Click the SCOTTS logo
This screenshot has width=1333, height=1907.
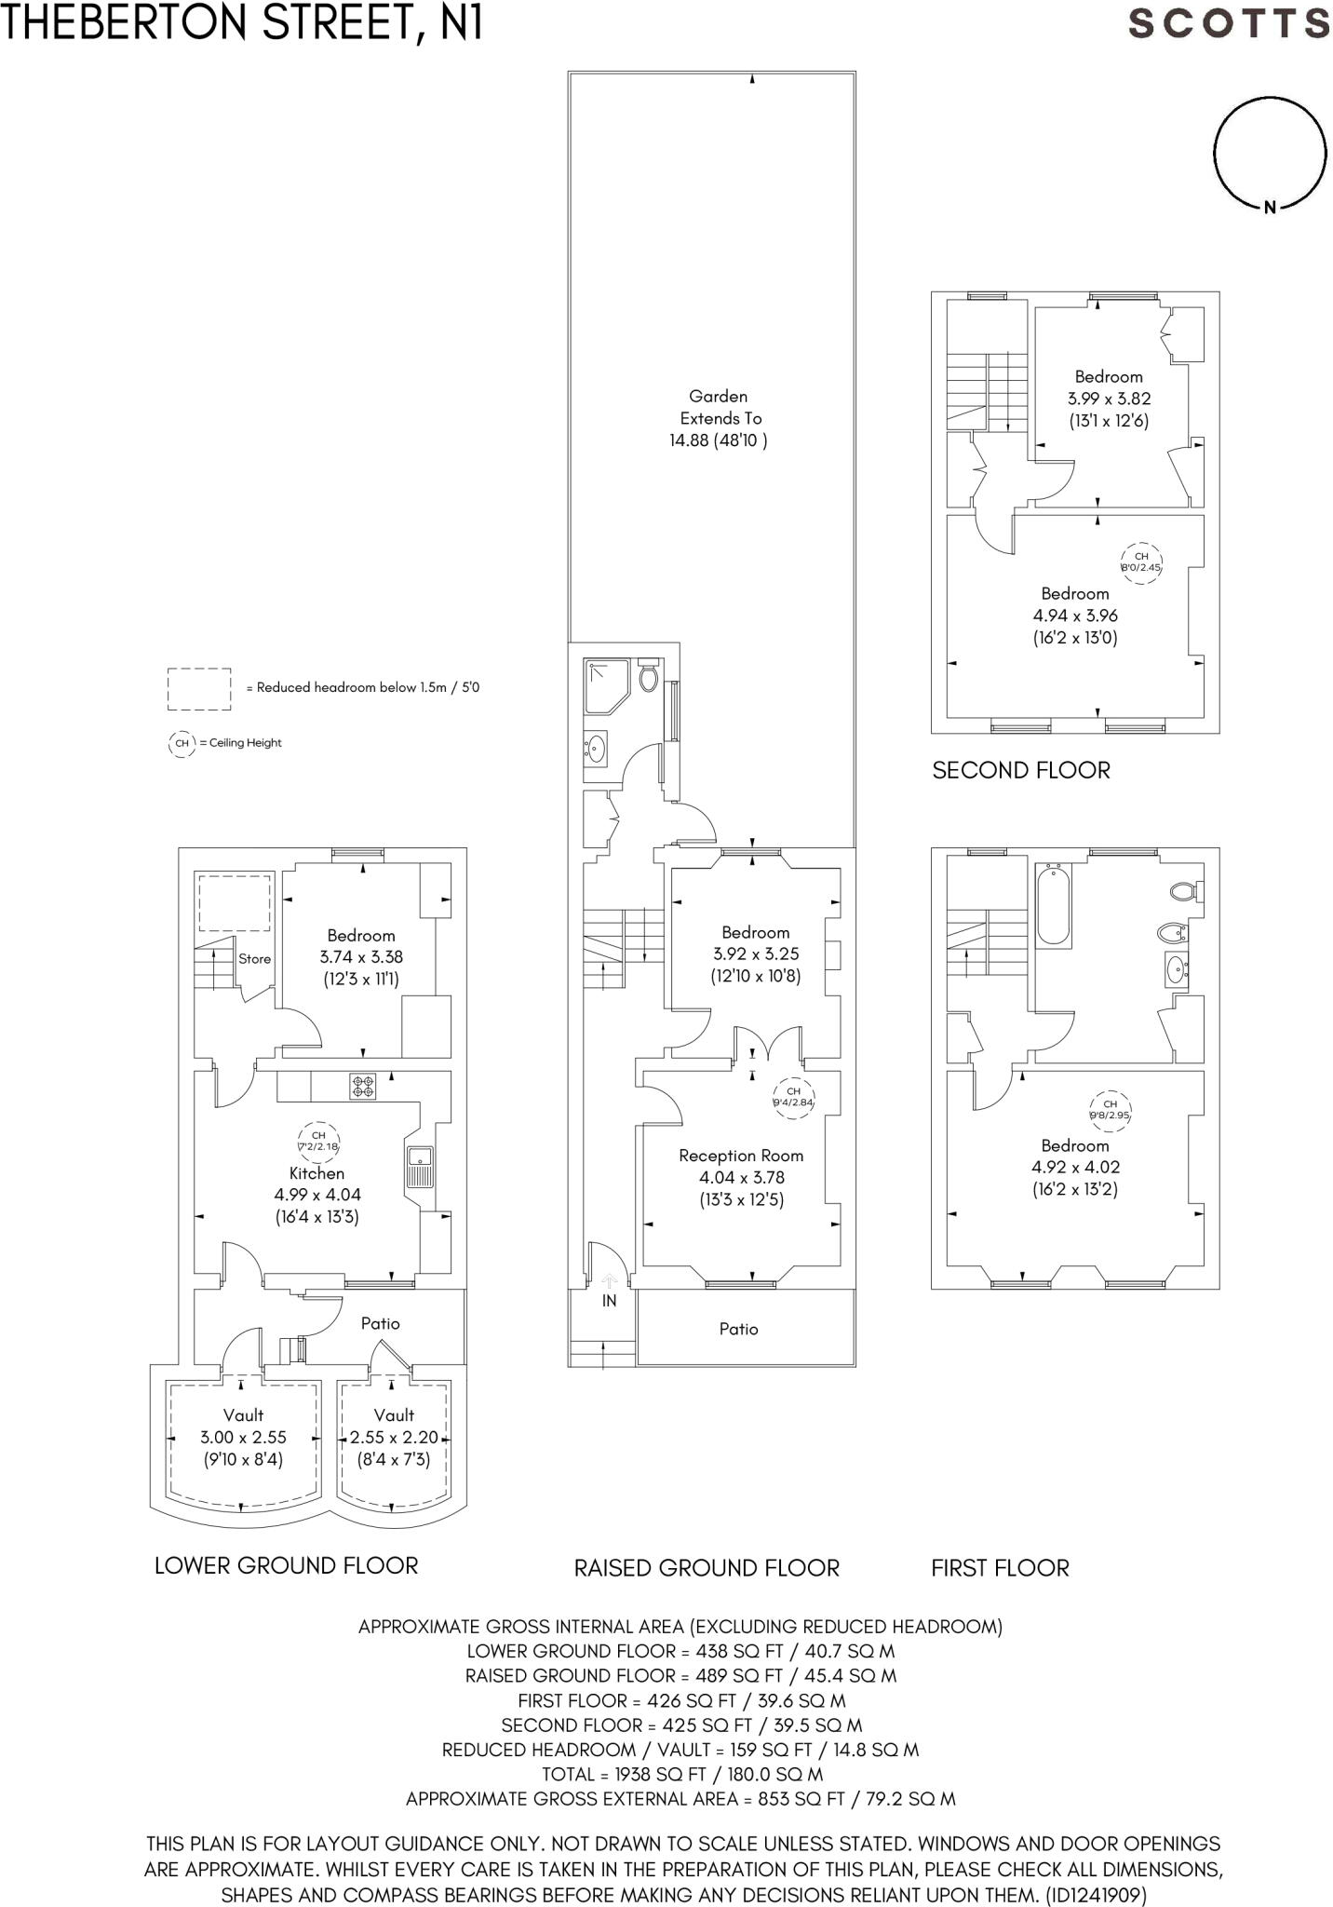pos(1228,22)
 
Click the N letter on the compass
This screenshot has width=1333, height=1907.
pos(1270,208)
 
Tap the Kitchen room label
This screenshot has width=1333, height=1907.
pos(316,1173)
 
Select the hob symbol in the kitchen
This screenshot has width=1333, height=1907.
pos(363,1086)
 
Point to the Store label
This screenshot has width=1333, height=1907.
pos(254,958)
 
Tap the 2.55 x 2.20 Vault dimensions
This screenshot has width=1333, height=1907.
pos(394,1437)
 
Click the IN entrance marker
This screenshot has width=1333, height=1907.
pos(609,1301)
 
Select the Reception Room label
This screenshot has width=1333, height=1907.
pos(741,1156)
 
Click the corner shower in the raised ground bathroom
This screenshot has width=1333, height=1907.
pos(606,685)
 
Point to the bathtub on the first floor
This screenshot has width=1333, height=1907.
pos(1054,903)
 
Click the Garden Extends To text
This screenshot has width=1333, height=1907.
pos(720,407)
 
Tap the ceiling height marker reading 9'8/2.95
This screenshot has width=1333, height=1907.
pos(1110,1109)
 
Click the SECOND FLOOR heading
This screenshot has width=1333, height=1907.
pos(1021,770)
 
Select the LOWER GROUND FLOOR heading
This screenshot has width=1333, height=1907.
pos(286,1565)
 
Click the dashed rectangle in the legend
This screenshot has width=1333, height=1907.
pos(199,689)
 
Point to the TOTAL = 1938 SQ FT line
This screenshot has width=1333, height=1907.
pos(681,1774)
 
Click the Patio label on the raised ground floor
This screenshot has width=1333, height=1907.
pos(738,1329)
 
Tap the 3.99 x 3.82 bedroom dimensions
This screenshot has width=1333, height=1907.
pos(1109,399)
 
